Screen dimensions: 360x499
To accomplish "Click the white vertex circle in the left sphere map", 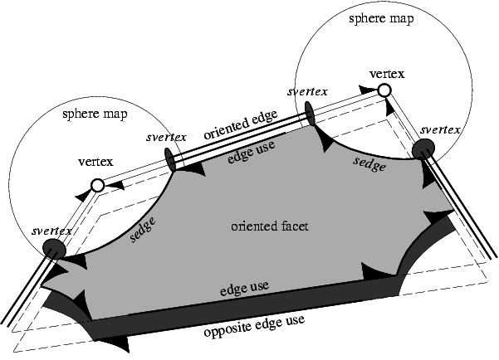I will coord(97,186).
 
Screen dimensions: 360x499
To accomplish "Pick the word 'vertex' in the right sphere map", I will coord(388,74).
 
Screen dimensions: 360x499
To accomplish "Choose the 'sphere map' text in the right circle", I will coord(383,17).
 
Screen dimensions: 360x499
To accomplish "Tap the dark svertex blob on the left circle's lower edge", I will coord(55,248).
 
